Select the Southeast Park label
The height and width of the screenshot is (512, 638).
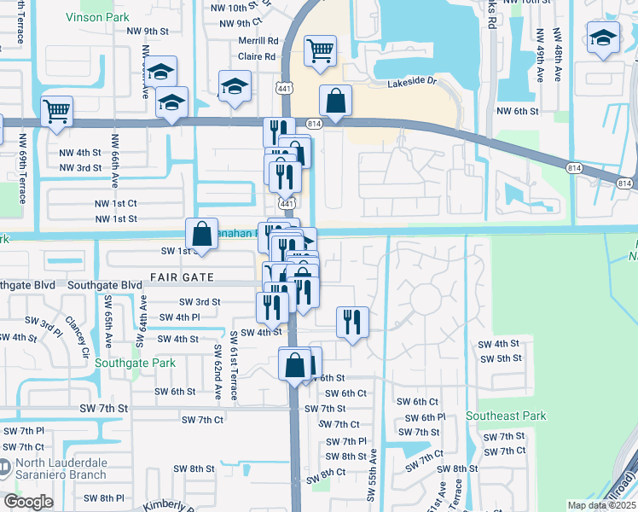coord(506,416)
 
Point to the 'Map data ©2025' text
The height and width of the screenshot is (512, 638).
coord(600,505)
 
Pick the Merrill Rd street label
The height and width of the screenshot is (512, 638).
coord(259,40)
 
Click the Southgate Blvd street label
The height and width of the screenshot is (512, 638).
coord(105,285)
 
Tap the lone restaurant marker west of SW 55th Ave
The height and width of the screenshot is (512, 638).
coord(352,322)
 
